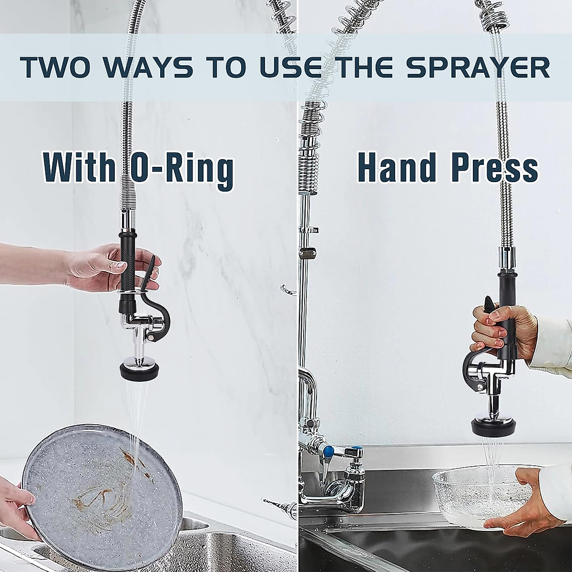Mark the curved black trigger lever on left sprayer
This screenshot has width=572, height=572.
coord(162,315)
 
